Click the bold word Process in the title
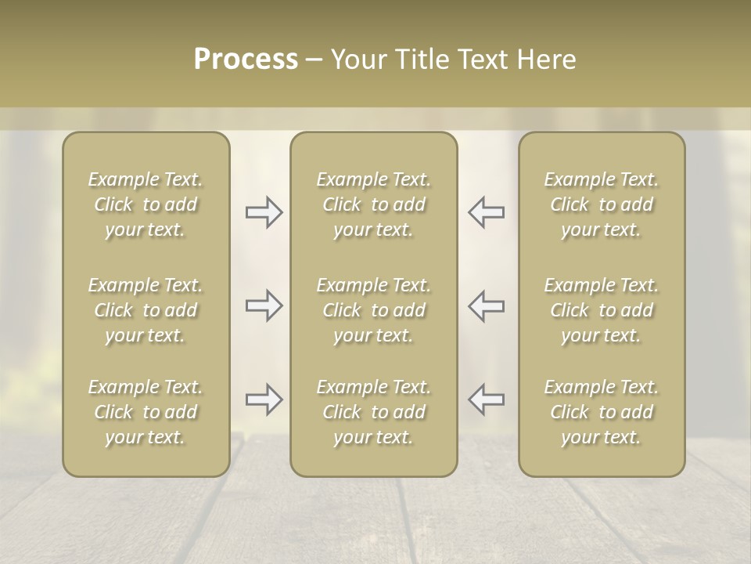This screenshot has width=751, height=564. click(246, 60)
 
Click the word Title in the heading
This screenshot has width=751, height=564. click(424, 60)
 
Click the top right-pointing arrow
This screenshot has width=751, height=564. click(264, 212)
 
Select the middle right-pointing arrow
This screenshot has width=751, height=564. click(264, 305)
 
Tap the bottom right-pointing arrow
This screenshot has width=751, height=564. click(264, 399)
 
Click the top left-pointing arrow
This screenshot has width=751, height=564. click(486, 212)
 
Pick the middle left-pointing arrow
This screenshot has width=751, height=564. click(486, 305)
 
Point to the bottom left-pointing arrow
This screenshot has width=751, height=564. click(486, 399)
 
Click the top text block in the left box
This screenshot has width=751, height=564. click(146, 204)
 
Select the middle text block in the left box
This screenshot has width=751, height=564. click(146, 310)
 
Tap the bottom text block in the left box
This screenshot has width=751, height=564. click(146, 412)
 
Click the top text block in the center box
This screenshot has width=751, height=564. click(373, 204)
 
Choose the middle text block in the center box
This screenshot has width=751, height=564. click(373, 310)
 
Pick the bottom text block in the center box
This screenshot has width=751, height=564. click(373, 412)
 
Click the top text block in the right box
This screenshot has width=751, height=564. click(602, 204)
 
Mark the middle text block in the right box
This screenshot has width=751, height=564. click(602, 310)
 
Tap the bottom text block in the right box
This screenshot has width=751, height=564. click(602, 412)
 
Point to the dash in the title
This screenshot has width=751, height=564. click(314, 60)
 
